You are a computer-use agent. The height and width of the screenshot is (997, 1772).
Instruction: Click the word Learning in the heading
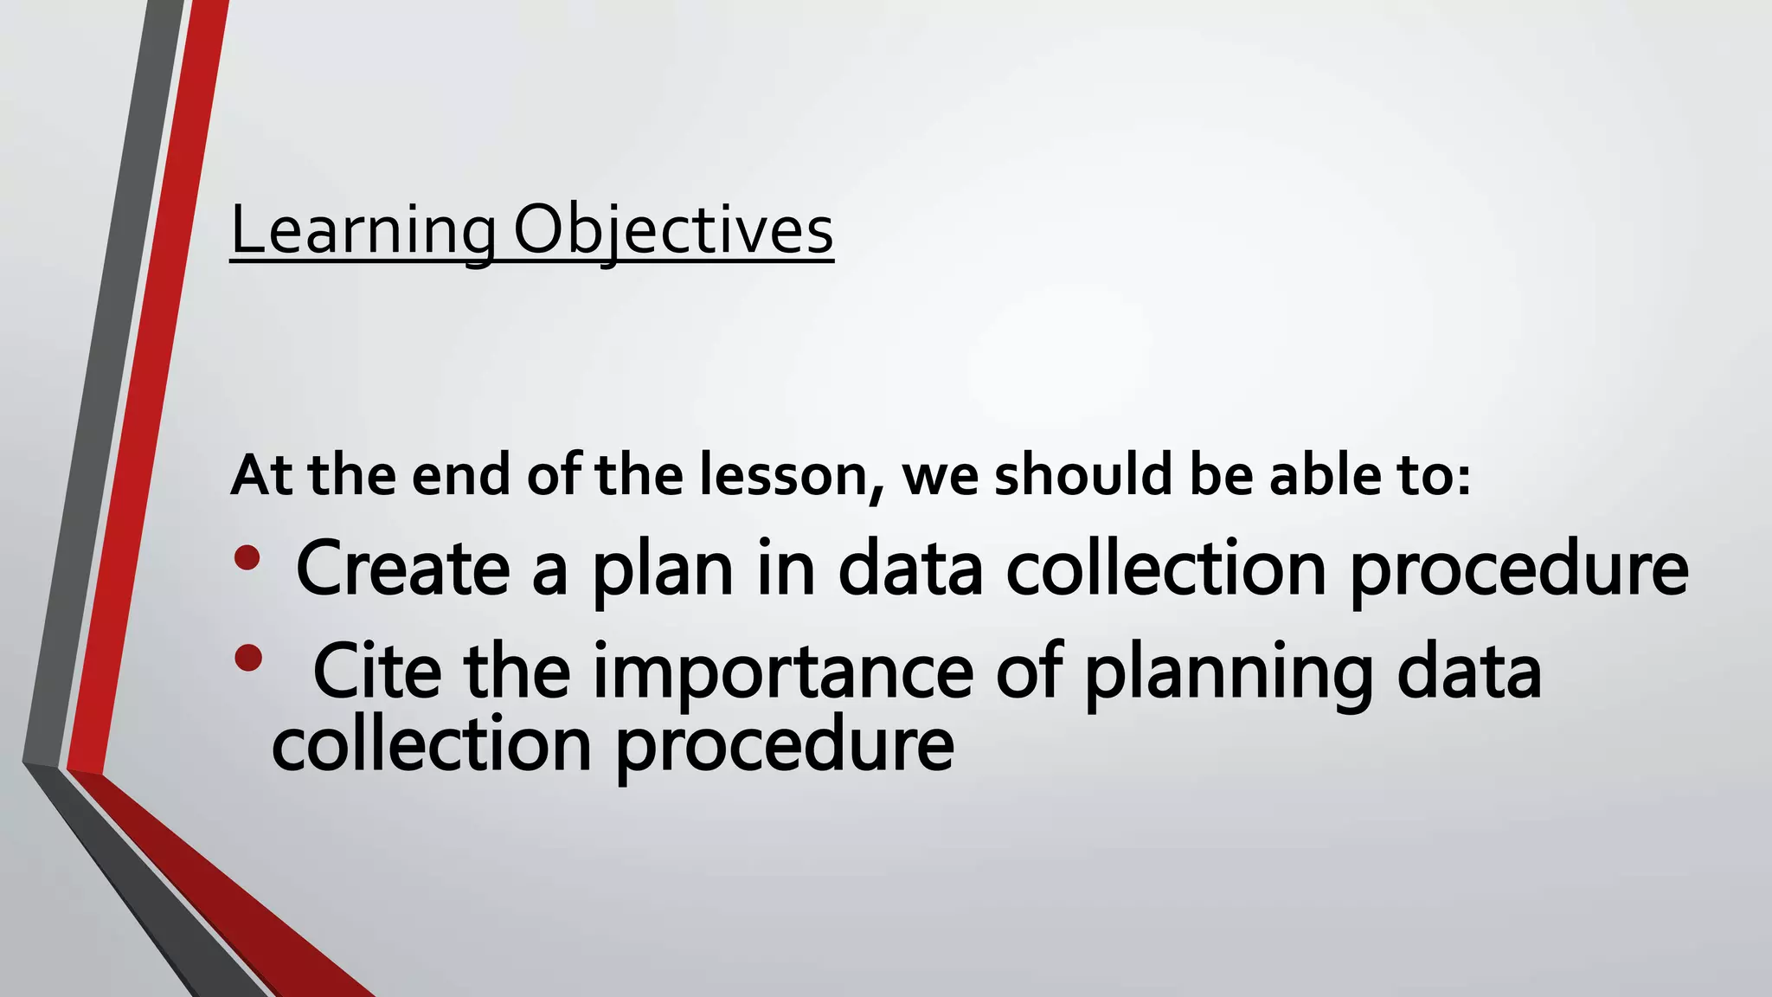coord(363,231)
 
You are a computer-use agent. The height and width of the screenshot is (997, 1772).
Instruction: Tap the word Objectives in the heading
coord(673,231)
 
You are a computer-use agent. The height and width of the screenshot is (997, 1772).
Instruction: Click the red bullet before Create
coord(247,557)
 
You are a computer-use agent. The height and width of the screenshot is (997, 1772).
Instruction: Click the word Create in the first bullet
coord(402,569)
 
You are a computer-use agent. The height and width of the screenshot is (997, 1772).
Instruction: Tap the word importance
coord(782,673)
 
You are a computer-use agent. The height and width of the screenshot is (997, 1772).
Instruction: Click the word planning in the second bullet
coord(1229,673)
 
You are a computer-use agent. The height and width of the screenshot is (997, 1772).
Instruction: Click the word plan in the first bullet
coord(663,570)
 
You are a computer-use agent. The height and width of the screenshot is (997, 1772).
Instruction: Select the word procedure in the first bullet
coord(1518,570)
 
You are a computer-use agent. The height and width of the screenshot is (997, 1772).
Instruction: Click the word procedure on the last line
coord(784,746)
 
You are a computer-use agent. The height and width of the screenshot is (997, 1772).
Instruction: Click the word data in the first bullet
coord(910,569)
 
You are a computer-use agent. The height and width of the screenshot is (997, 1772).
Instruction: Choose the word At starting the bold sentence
coord(261,475)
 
